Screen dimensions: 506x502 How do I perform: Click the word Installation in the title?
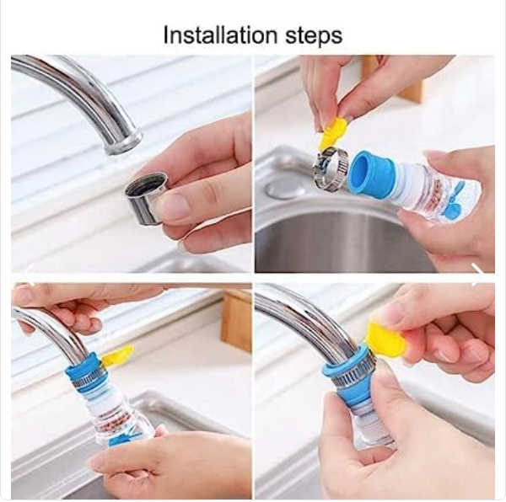point(220,35)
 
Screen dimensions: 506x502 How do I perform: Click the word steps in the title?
point(314,37)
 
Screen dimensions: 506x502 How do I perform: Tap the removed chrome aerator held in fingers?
point(147,198)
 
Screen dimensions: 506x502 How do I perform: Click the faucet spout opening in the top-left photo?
point(124,144)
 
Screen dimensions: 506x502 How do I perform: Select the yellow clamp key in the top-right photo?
point(332,133)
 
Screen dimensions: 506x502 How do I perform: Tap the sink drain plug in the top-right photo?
point(286,189)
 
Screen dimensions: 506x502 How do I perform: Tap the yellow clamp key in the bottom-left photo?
point(118,355)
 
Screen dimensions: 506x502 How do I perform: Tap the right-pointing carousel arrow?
point(476,275)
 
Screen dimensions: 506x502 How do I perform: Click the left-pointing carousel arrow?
point(29,275)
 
